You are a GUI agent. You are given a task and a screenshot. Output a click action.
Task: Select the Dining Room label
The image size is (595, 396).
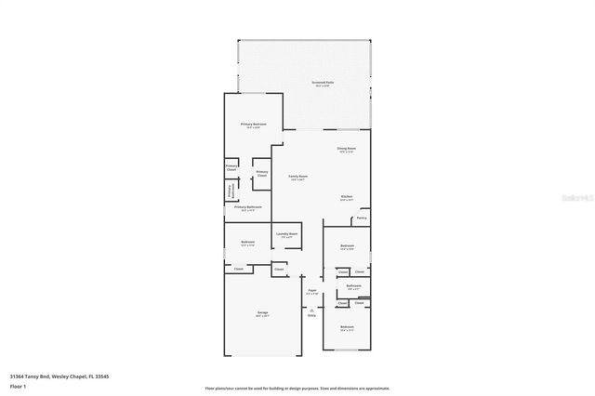point(346,148)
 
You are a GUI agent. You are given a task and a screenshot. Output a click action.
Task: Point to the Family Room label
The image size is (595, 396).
point(297,176)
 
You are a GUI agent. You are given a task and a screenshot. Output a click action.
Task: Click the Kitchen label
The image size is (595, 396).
point(346,197)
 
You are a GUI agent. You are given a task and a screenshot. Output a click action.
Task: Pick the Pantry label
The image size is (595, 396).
point(361,218)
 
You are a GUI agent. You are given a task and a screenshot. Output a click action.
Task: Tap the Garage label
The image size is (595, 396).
point(262,313)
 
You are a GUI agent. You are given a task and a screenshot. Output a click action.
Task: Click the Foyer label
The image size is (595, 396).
point(311,292)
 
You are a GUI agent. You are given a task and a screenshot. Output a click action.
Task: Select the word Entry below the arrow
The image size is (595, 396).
point(311,315)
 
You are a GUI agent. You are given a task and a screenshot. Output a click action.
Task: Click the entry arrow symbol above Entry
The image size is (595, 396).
point(311,308)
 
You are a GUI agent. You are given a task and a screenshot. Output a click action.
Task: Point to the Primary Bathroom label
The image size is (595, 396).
point(248,207)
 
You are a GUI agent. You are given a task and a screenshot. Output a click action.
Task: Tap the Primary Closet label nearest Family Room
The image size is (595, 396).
point(262,173)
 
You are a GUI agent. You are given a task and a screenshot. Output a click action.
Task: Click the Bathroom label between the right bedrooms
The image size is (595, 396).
point(353,286)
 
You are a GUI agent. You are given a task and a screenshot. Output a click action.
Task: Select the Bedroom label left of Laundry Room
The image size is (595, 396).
point(247,243)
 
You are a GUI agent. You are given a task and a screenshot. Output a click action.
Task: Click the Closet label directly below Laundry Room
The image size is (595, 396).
point(278,270)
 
